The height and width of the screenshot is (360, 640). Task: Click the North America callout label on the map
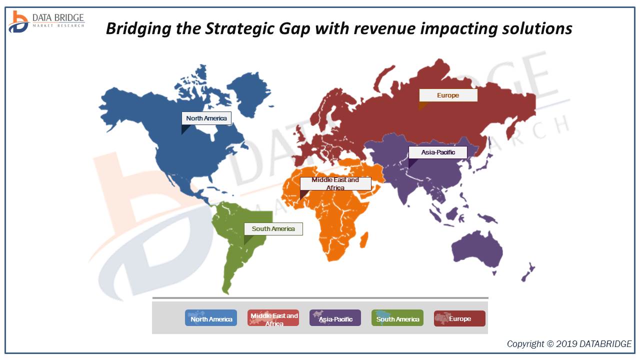point(206,118)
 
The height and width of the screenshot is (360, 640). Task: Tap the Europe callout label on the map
point(448,95)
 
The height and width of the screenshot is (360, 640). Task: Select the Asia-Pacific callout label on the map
point(438,152)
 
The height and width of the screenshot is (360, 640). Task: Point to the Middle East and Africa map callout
point(335,183)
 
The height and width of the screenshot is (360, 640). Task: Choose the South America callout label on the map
point(273,229)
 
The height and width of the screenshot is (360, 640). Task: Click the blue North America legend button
point(211,318)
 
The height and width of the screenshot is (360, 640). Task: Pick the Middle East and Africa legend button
point(273,318)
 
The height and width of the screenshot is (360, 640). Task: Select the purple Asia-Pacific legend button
point(335,318)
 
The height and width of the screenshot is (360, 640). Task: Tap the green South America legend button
point(397,318)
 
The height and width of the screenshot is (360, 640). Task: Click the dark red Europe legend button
point(459,318)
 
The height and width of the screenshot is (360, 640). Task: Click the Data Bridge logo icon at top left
point(18,21)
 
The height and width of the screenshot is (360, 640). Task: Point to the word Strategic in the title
point(242,28)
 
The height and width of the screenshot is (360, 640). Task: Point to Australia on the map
point(477,250)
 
